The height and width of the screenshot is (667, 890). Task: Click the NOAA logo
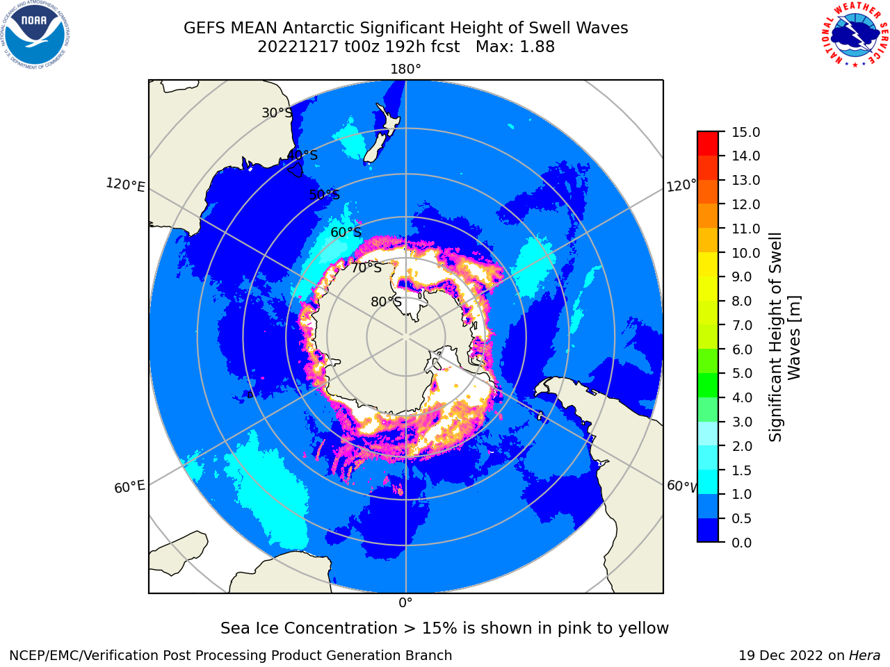(x=35, y=35)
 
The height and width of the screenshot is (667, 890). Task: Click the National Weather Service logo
(x=855, y=35)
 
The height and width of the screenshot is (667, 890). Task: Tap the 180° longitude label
(x=405, y=69)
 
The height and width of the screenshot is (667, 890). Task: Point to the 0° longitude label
(x=405, y=602)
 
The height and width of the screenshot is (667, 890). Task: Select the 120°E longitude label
(x=125, y=185)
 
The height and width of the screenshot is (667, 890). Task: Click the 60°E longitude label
(x=129, y=487)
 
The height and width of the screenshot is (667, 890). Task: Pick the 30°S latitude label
(x=277, y=113)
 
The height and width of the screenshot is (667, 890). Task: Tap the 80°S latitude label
(x=386, y=302)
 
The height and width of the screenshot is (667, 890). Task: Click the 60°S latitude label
(x=346, y=232)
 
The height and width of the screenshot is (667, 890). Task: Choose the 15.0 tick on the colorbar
(x=745, y=132)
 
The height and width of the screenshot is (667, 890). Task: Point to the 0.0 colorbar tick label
(x=742, y=543)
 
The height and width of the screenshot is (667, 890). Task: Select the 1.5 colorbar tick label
(x=742, y=470)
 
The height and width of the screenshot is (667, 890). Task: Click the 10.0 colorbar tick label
(x=745, y=253)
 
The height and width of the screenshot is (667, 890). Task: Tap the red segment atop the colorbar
(x=708, y=143)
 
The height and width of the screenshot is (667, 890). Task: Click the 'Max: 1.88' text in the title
(x=515, y=47)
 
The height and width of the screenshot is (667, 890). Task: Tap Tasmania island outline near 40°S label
(x=296, y=170)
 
